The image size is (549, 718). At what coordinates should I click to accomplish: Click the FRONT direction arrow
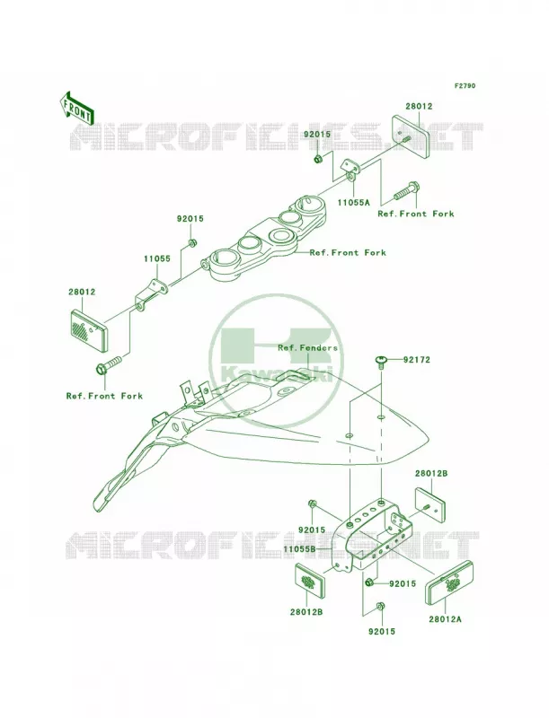click(75, 108)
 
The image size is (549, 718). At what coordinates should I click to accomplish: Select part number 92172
click(417, 360)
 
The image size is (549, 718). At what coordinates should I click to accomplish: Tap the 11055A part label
click(353, 201)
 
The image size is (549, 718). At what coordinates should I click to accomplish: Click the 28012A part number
click(445, 619)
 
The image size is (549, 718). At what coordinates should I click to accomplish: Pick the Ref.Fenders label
click(307, 348)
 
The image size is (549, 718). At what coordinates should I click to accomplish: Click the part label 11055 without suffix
click(157, 258)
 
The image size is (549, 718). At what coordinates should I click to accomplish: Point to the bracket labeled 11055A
click(352, 170)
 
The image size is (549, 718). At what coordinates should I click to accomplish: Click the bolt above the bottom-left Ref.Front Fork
click(108, 364)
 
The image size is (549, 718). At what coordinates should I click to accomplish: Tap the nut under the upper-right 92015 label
click(317, 159)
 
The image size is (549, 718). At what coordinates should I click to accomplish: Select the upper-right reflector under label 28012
click(410, 136)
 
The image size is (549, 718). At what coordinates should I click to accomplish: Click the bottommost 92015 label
click(381, 632)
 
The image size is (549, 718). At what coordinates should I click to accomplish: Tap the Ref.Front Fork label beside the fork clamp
click(348, 253)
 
